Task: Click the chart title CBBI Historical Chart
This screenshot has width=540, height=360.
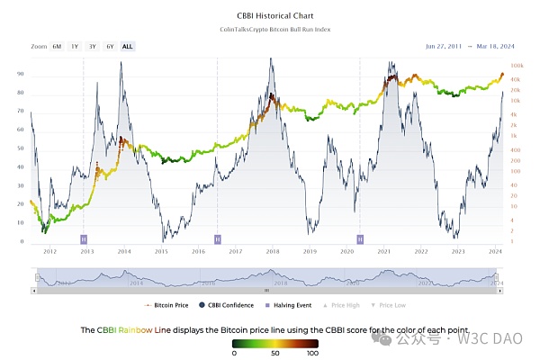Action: (270, 16)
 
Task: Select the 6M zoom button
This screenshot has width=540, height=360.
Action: (57, 45)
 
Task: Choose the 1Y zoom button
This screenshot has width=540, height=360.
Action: (75, 45)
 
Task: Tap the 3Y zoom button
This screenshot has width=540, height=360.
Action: (92, 45)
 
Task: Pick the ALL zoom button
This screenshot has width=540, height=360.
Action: (127, 45)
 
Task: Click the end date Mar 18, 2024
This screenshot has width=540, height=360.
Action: (491, 45)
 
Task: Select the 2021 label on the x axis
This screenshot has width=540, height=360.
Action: (384, 253)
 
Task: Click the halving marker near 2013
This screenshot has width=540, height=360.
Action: (84, 238)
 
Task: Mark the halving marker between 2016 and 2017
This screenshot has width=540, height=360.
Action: (218, 238)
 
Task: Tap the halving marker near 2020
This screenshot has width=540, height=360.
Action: (360, 238)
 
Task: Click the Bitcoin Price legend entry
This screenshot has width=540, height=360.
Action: (168, 306)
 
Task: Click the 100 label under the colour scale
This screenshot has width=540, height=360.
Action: (312, 353)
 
